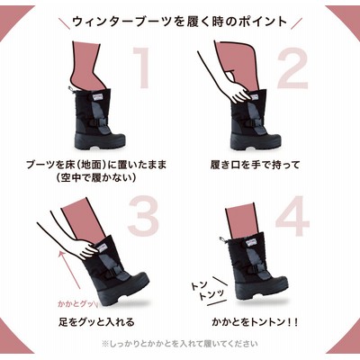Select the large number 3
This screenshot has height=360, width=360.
(143, 215)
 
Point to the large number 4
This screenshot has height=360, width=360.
(292, 215)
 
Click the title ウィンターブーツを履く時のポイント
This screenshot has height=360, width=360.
(180, 22)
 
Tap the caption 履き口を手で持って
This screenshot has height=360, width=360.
(255, 165)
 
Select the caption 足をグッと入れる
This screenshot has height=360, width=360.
(96, 322)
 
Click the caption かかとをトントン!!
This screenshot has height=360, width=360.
(255, 322)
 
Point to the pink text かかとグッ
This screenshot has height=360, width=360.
(75, 303)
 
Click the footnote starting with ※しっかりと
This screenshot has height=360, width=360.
(180, 343)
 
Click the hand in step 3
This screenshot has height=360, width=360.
(86, 248)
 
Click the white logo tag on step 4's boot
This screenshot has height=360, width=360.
(250, 241)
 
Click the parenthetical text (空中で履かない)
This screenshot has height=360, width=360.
(96, 178)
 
